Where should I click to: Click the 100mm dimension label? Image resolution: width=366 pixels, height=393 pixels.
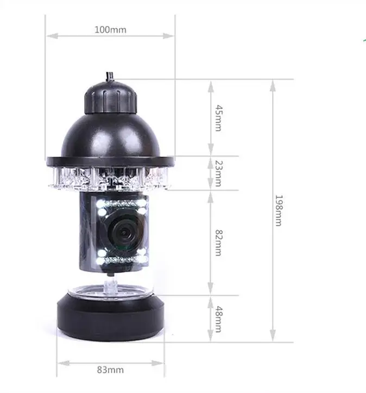click(110, 30)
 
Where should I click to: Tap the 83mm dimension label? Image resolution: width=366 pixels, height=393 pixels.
click(110, 370)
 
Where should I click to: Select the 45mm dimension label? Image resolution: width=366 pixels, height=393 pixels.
click(218, 118)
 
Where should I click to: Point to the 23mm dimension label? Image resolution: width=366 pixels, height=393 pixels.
click(218, 174)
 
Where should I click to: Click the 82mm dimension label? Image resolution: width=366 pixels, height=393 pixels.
click(218, 242)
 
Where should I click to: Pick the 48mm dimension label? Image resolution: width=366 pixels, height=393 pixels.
click(218, 319)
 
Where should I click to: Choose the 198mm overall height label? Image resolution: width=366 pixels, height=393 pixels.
click(279, 210)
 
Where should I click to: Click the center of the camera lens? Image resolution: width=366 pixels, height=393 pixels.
click(124, 233)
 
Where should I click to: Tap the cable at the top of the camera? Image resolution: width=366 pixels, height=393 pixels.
click(110, 76)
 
